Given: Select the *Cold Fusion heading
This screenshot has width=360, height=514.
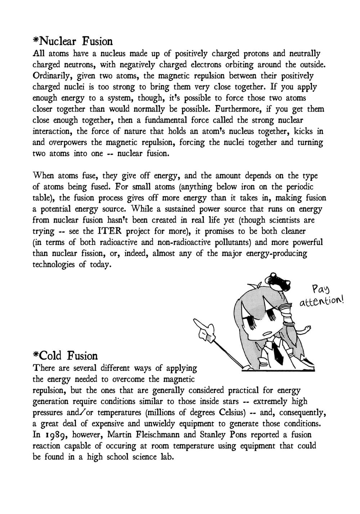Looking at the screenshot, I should pyautogui.click(x=65, y=356).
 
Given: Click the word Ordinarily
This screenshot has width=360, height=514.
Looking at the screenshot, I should pyautogui.click(x=52, y=76).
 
